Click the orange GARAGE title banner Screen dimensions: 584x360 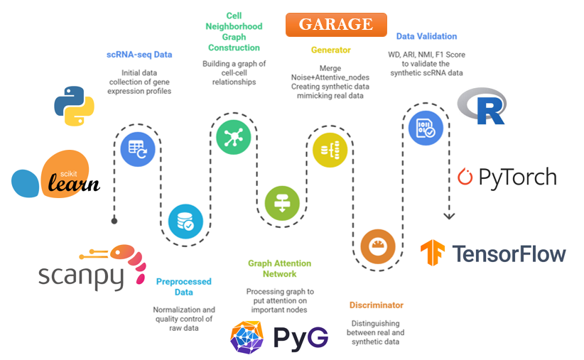[336, 25]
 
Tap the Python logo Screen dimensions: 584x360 [74, 106]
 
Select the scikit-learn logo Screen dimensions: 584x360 [56, 174]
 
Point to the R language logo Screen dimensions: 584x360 [482, 106]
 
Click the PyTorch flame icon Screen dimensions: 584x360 [465, 177]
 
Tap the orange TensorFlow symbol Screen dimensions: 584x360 [433, 252]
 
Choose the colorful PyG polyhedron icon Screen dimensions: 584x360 [247, 337]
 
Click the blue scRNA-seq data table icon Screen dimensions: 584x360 [138, 149]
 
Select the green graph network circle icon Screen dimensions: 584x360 [234, 137]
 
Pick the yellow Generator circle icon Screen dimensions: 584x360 [330, 150]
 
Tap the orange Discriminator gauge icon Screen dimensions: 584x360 [378, 246]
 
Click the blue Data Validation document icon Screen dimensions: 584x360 [426, 128]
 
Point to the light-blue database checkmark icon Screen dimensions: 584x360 [185, 222]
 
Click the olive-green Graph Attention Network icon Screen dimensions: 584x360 [282, 203]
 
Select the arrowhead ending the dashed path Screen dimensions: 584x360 [449, 216]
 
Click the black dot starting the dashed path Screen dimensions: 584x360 [114, 221]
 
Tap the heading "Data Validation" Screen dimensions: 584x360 [426, 36]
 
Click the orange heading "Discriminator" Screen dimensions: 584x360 [376, 305]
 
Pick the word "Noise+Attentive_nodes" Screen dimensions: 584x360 [330, 77]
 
